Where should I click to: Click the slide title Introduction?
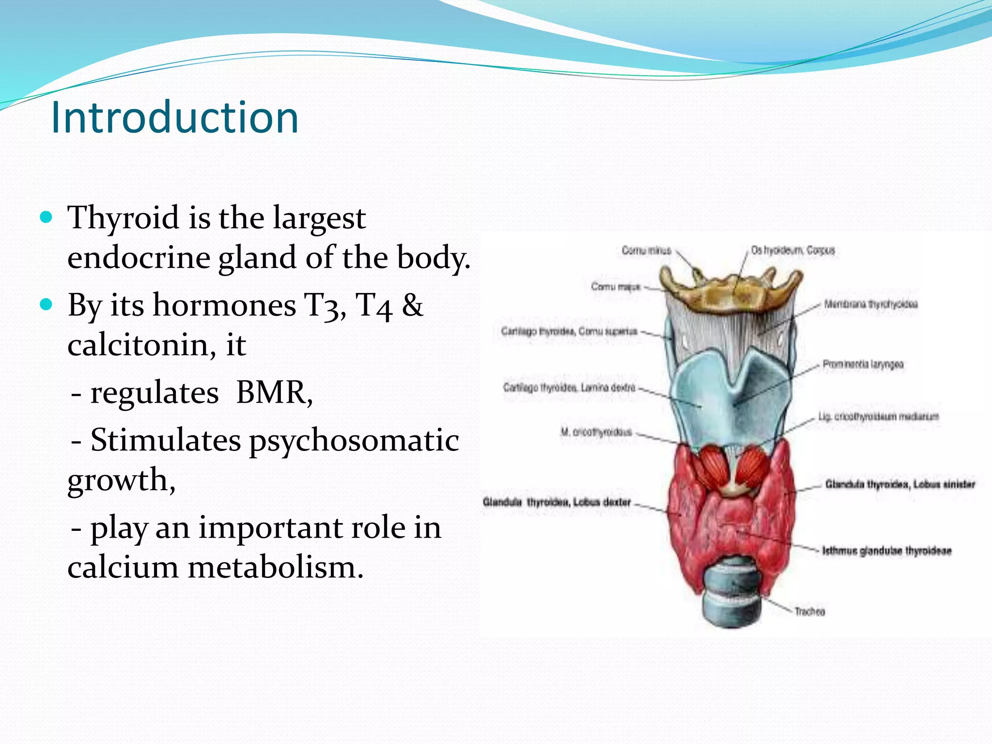[174, 118]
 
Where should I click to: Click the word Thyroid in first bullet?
[123, 218]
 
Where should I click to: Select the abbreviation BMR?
[273, 393]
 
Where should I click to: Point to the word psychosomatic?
[354, 441]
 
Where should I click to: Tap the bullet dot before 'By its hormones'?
[46, 305]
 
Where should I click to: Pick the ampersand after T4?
[412, 306]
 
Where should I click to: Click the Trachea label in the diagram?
[809, 612]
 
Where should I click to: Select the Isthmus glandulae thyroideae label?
[886, 551]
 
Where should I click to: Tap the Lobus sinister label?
[900, 484]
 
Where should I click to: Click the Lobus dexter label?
[557, 502]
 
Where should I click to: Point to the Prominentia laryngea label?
[863, 364]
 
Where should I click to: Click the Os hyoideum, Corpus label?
[793, 250]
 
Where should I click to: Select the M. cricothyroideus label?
[596, 432]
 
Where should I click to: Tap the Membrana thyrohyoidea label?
[870, 304]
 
